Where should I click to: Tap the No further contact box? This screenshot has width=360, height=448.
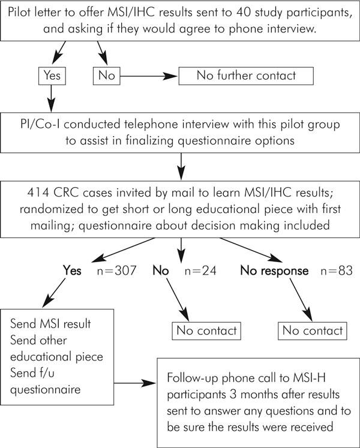(247, 77)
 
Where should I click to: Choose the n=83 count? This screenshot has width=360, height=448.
(333, 270)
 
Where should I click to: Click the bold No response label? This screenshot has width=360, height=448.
(275, 270)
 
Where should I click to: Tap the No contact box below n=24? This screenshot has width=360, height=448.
(205, 330)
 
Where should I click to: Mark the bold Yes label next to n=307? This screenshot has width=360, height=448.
(73, 270)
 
